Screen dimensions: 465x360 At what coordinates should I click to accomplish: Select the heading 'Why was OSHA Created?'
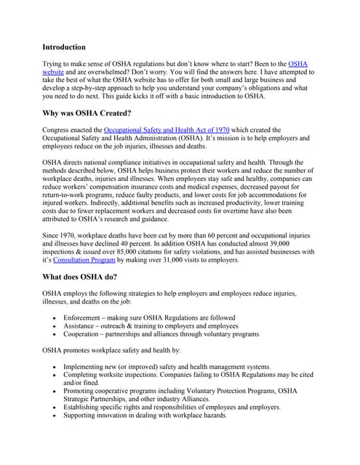pyautogui.click(x=87, y=113)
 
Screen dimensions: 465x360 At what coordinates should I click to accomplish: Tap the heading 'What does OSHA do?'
pyautogui.click(x=80, y=276)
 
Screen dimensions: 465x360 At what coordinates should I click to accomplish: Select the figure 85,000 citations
pyautogui.click(x=130, y=251)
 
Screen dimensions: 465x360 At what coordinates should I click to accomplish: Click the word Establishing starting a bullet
pyautogui.click(x=84, y=408)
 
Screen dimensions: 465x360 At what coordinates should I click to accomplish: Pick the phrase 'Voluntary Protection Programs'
pyautogui.click(x=223, y=391)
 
